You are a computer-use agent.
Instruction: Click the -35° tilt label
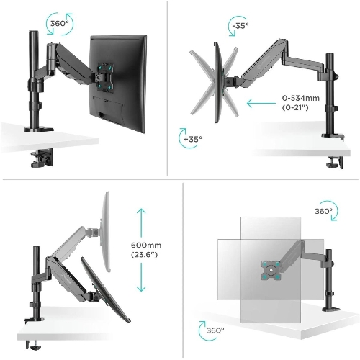(x=240, y=25)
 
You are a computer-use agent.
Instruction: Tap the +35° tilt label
(x=193, y=139)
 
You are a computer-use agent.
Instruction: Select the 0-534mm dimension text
(x=301, y=98)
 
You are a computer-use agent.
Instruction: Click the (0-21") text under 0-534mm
(x=295, y=107)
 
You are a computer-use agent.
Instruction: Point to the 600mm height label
(x=146, y=245)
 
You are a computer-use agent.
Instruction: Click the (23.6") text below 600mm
(x=144, y=255)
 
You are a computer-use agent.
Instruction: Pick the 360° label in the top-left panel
(x=60, y=24)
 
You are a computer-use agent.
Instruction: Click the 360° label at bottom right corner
(x=215, y=330)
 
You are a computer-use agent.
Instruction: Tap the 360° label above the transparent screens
(x=324, y=211)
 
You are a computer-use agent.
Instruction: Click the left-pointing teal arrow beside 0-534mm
(x=261, y=104)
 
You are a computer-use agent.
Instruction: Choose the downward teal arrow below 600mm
(x=141, y=277)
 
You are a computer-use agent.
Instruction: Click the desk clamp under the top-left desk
(x=42, y=158)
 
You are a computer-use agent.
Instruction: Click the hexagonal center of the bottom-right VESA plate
(x=271, y=270)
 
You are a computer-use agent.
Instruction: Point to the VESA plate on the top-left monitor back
(x=104, y=77)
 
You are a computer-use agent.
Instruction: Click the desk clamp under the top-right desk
(x=335, y=163)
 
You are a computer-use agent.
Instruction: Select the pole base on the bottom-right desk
(x=331, y=308)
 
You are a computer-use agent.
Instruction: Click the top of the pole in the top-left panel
(x=34, y=32)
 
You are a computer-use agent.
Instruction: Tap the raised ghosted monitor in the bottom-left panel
(x=105, y=232)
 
